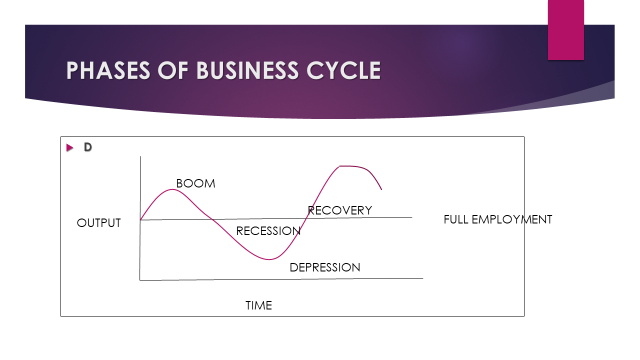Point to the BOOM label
coord(195,184)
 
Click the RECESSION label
coord(268,231)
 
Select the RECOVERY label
coord(339,210)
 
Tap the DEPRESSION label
coord(324,267)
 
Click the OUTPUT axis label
coord(98,223)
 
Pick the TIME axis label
coord(258,305)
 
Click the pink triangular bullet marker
coord(70,148)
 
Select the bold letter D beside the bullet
coord(88,148)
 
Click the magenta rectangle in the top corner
coord(565,29)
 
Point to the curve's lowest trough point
coord(273,260)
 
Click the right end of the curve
coord(381,188)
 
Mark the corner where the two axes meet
coord(141,280)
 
